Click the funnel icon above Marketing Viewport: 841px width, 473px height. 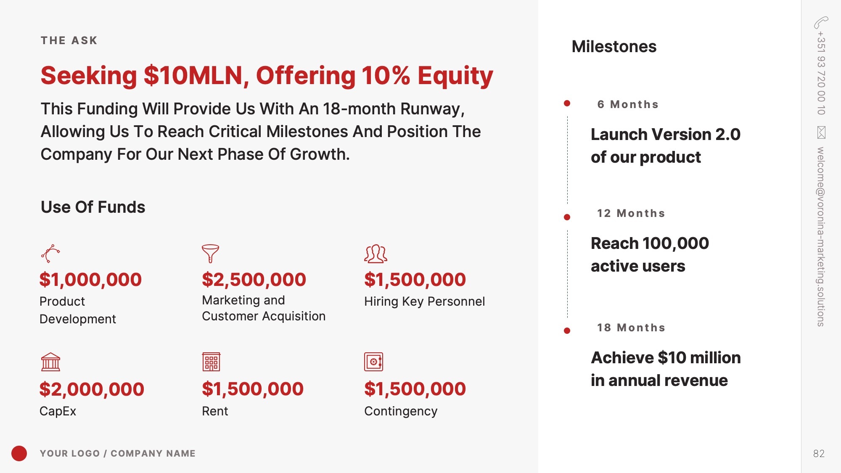[210, 254]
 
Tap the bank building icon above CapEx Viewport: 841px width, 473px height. [50, 362]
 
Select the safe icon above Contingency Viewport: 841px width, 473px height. [373, 362]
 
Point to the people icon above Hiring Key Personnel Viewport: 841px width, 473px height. [376, 254]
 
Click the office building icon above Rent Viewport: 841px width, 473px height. [211, 362]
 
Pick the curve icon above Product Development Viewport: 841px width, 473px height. [50, 254]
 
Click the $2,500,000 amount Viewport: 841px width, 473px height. [254, 280]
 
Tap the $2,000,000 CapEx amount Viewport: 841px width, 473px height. [92, 389]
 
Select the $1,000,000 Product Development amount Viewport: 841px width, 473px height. [90, 280]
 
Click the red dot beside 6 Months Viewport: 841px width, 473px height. [567, 103]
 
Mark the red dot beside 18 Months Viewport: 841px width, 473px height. [567, 331]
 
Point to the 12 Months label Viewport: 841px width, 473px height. [631, 213]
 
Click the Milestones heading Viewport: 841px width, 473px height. [614, 46]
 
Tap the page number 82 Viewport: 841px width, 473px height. [819, 453]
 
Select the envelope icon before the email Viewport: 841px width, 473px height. [821, 132]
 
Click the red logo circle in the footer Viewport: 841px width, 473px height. [19, 453]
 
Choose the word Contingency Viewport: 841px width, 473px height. [401, 411]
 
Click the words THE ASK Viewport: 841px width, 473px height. [69, 40]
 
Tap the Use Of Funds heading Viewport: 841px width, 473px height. [93, 207]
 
